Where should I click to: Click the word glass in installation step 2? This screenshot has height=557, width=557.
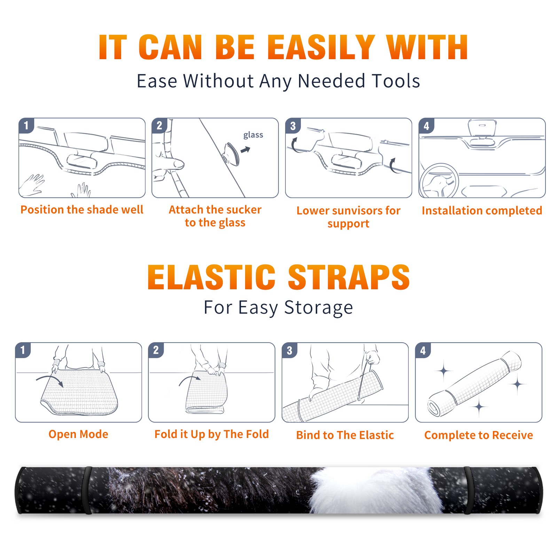253,135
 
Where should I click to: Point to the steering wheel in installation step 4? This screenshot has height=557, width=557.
439,181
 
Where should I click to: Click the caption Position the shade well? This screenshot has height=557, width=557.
82,210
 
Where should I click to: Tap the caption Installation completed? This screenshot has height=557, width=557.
482,211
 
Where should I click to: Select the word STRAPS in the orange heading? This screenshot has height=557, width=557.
349,277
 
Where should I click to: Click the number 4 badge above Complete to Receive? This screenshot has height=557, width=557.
423,350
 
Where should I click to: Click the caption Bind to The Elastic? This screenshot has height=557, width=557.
345,435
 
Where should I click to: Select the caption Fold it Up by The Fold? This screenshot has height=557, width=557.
212,434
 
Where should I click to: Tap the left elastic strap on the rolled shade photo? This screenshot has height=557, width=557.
87,490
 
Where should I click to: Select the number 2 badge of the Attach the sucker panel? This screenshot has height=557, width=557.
159,125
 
